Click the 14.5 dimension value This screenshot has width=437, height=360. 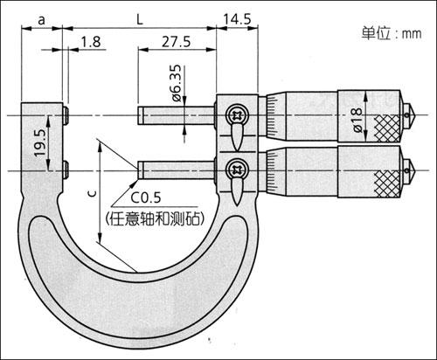tap(237, 19)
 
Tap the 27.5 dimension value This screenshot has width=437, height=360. tap(177, 42)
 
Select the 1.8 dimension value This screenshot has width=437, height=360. tap(91, 42)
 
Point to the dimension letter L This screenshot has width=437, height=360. tap(140, 19)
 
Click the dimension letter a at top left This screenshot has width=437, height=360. tap(42, 20)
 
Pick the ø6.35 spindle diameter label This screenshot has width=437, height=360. tap(177, 83)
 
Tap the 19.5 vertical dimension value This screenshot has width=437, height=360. tap(40, 142)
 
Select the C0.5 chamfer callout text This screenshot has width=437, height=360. tap(145, 197)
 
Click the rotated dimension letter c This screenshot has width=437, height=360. tap(93, 194)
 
